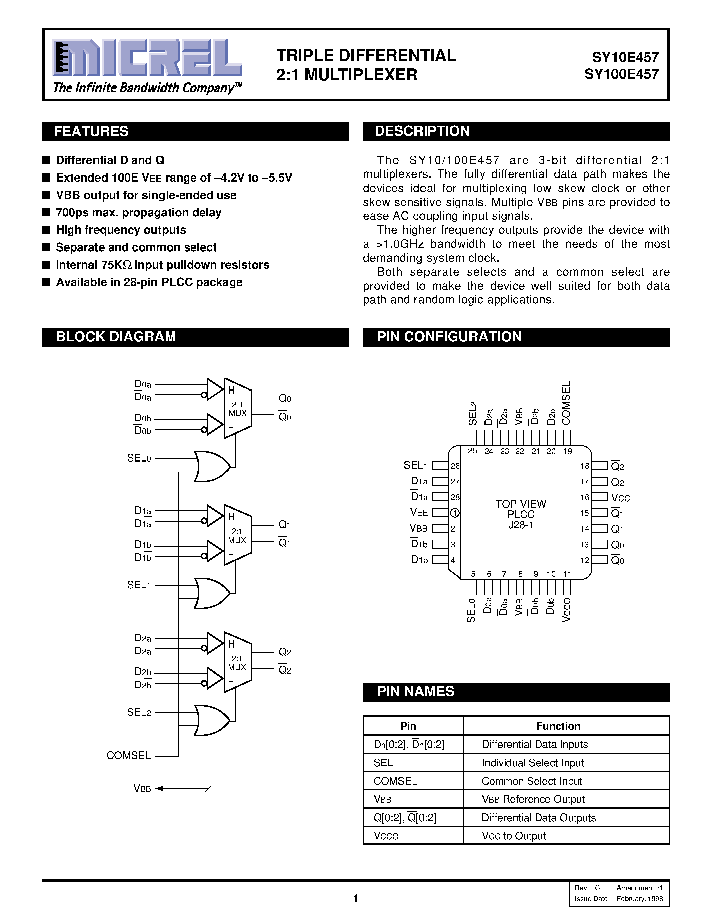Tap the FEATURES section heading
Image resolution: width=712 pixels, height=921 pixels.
91,131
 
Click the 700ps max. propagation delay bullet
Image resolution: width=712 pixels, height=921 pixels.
138,213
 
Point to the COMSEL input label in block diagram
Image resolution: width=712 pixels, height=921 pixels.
129,755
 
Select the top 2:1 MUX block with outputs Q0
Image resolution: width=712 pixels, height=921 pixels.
238,408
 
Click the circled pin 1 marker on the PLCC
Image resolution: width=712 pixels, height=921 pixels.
455,513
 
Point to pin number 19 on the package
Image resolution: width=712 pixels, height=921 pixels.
567,451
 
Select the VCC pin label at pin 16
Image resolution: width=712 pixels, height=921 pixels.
621,498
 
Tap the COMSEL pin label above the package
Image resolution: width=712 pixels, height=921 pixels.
566,403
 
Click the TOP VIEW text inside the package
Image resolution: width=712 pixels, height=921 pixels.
521,504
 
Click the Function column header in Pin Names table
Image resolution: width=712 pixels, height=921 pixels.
558,726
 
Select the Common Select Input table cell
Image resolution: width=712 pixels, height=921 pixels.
531,781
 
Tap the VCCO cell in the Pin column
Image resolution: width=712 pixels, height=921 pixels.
386,836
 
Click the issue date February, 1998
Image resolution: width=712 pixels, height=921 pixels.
639,898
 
